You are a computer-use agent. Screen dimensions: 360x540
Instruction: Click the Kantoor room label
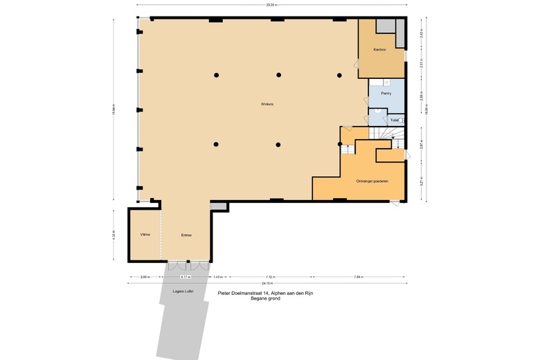(379, 49)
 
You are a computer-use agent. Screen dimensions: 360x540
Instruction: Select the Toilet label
(394, 120)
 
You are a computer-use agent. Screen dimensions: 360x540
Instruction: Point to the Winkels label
(267, 104)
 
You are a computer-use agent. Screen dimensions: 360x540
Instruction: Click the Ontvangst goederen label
(372, 181)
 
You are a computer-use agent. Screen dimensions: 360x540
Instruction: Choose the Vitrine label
(145, 235)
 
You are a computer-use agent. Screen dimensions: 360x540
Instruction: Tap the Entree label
(186, 235)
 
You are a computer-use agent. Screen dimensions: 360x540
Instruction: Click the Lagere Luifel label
(183, 291)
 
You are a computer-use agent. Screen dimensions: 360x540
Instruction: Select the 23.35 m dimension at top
(271, 5)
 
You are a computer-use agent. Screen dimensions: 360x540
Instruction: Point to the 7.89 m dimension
(358, 276)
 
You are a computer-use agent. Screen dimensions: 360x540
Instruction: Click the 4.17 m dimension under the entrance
(186, 276)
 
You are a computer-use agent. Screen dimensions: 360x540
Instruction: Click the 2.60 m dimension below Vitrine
(145, 276)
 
